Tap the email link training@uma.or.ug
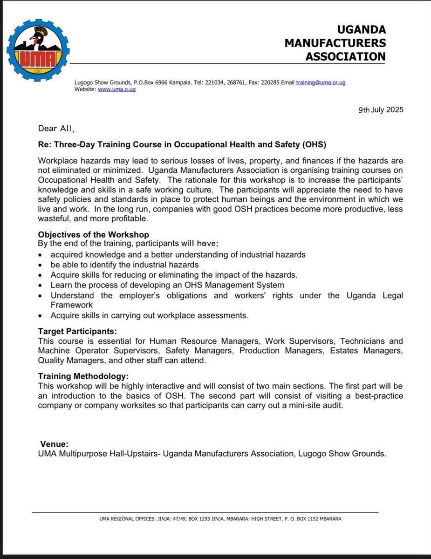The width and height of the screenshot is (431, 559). (x=321, y=82)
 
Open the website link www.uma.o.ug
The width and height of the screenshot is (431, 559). (x=116, y=89)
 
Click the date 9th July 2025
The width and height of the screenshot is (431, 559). (x=381, y=110)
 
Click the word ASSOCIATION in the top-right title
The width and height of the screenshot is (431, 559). (x=345, y=57)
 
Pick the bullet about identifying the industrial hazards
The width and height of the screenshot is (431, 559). (x=124, y=265)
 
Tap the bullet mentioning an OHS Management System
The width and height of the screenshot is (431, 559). (x=167, y=285)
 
